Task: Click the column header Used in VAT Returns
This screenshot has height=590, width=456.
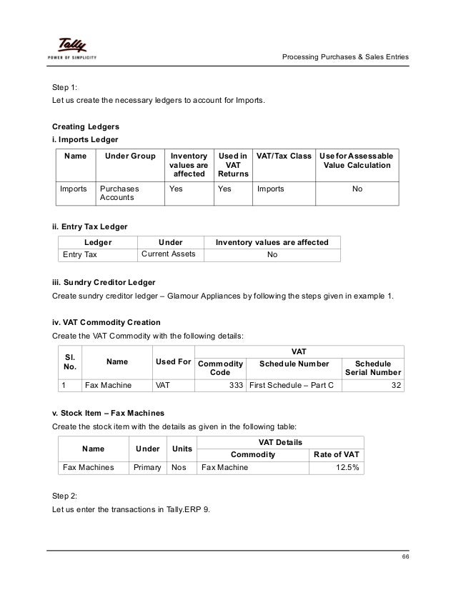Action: [x=233, y=165]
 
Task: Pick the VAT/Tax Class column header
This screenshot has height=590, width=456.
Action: [x=283, y=156]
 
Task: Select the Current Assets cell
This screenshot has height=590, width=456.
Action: [x=169, y=254]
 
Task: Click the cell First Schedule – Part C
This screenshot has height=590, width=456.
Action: [x=294, y=386]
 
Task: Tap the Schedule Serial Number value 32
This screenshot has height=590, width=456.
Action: [x=396, y=386]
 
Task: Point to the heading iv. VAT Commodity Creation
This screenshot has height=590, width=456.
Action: [x=101, y=322]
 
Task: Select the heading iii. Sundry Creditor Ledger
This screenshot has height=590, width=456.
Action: [x=104, y=282]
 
